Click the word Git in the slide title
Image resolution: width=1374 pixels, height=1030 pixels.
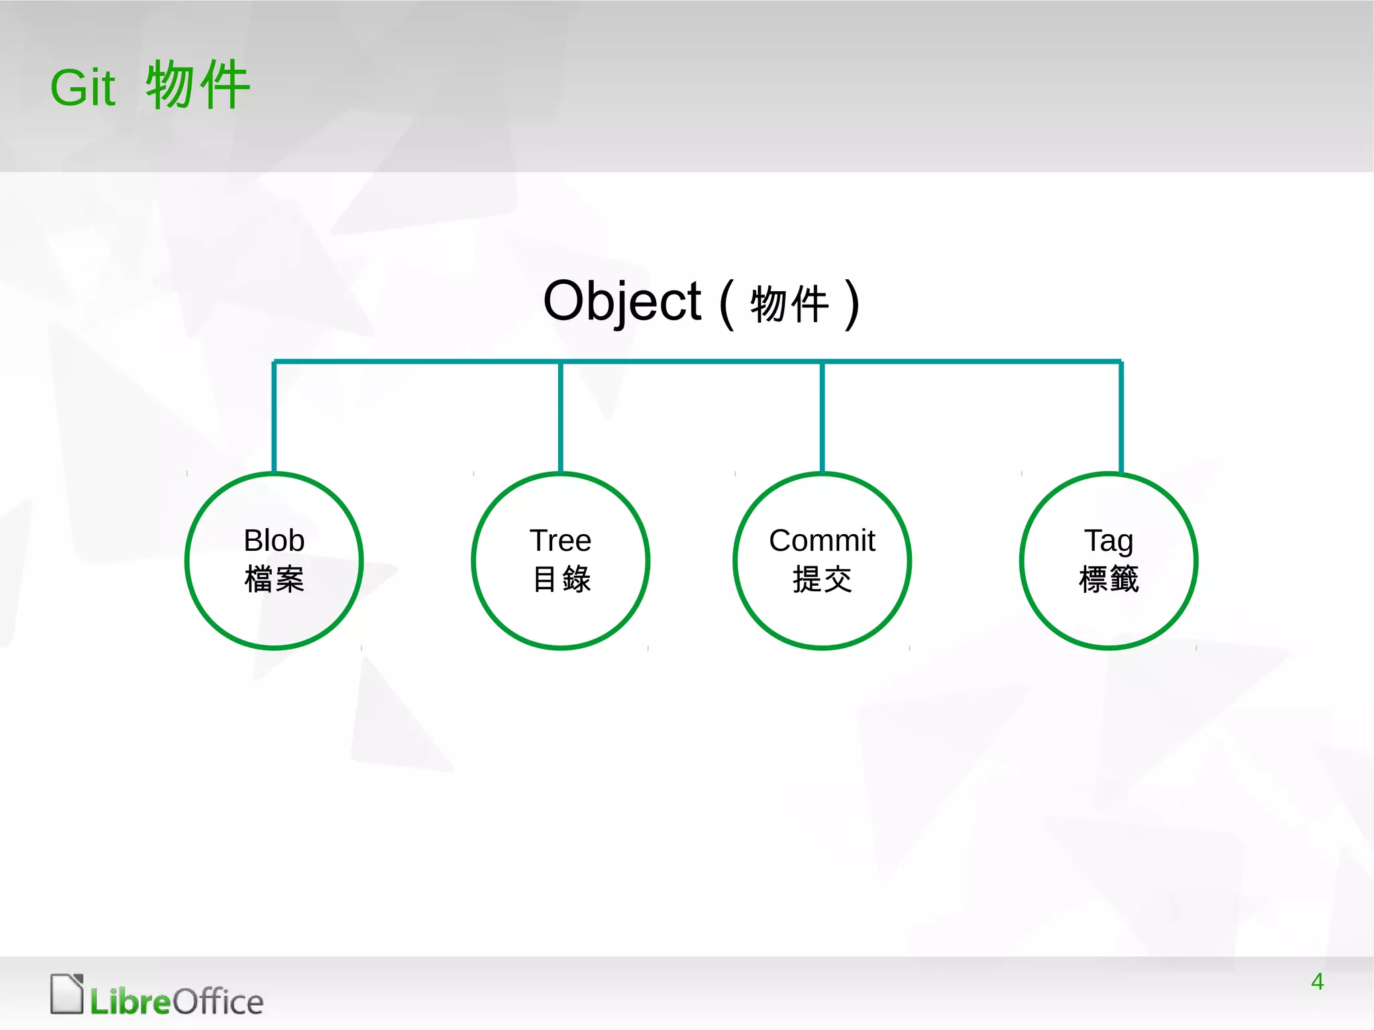coord(83,88)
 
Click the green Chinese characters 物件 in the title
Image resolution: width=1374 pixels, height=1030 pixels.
coord(198,85)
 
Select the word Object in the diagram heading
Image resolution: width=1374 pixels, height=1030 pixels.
coord(622,301)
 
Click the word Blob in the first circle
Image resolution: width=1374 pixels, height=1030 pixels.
coord(274,540)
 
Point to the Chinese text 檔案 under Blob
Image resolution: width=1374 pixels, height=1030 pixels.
coord(274,579)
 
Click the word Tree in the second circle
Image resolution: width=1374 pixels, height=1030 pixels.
coord(560,540)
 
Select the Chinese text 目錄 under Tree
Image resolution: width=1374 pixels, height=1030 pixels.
coord(561,579)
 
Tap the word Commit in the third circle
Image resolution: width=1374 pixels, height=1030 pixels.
coord(822,540)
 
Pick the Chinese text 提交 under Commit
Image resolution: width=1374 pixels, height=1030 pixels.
coord(822,579)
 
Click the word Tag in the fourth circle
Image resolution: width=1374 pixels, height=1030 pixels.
coord(1108,540)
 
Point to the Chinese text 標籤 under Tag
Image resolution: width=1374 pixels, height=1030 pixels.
coord(1108,579)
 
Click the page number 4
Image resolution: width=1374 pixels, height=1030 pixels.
coord(1317,982)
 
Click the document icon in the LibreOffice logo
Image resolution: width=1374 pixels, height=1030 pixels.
coord(67,994)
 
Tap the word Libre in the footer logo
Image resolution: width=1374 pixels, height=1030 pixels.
coord(130,1002)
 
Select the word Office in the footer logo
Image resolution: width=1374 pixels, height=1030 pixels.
coord(218,1002)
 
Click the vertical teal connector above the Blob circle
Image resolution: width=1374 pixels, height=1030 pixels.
coord(274,416)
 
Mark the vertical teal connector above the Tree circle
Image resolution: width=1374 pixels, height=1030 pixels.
coord(560,416)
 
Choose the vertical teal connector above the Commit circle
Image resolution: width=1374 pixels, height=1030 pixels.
coord(822,416)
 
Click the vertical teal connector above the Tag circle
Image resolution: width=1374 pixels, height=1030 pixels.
coord(1120,416)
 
